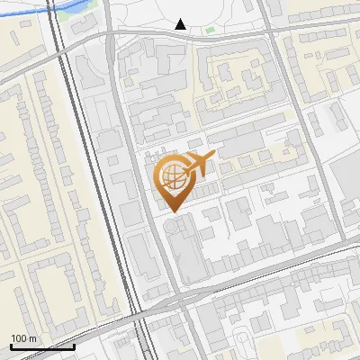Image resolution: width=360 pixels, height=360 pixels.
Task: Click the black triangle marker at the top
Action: point(181,24)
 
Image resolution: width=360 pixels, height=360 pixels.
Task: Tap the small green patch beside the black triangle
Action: point(210,30)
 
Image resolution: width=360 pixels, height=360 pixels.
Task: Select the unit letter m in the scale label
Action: point(33,338)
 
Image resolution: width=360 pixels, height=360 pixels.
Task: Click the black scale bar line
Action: point(42,346)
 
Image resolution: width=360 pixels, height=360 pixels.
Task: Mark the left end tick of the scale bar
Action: point(11,345)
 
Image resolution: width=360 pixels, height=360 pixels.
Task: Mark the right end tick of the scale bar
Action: point(74,345)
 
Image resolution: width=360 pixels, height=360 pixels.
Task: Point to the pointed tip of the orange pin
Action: point(173,212)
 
